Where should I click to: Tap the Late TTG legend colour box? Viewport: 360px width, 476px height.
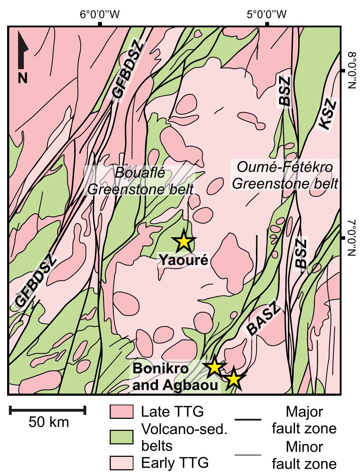coord(121,412)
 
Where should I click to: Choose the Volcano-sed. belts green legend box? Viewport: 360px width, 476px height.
coord(121,437)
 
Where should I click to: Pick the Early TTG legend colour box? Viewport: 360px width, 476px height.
coord(121,463)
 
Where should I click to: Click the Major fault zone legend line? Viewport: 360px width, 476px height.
coord(248,420)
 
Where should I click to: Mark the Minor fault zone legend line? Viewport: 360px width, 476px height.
coord(248,455)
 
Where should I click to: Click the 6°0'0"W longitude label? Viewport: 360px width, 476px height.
coord(100,15)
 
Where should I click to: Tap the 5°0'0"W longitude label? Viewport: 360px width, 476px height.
coord(267,15)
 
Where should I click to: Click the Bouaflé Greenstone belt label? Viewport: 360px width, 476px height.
coord(141,181)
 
